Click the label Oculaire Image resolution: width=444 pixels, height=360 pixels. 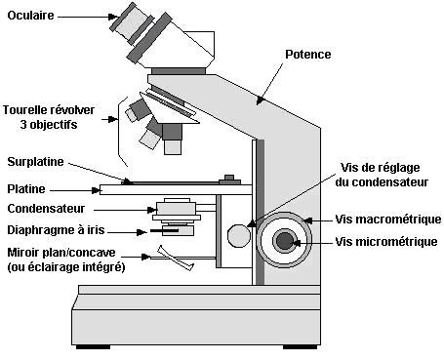(30, 16)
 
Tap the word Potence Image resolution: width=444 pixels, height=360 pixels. (308, 55)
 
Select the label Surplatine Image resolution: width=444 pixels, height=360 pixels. (35, 162)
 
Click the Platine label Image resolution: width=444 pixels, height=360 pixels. (26, 189)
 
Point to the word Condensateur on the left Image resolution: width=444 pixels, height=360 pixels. (46, 209)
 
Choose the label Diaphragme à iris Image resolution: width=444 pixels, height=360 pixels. (56, 230)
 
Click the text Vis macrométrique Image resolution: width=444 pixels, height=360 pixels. (388, 220)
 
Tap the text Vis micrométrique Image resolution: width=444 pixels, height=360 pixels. (386, 242)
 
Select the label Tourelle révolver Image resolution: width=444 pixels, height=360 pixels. (49, 110)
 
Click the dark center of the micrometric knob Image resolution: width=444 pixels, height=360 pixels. (285, 241)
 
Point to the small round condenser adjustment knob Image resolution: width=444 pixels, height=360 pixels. (239, 235)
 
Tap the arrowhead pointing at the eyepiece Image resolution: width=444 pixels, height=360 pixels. (114, 17)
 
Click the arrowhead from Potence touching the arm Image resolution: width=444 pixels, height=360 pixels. (260, 100)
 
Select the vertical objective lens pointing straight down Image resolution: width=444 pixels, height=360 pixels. (172, 140)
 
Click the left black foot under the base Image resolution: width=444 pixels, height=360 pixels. (93, 347)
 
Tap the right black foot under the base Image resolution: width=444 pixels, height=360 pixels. (300, 347)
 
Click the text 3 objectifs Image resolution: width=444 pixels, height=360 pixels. (49, 125)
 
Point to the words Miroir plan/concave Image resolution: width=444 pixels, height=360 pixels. (61, 253)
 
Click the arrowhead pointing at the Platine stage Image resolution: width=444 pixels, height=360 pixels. (96, 190)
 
